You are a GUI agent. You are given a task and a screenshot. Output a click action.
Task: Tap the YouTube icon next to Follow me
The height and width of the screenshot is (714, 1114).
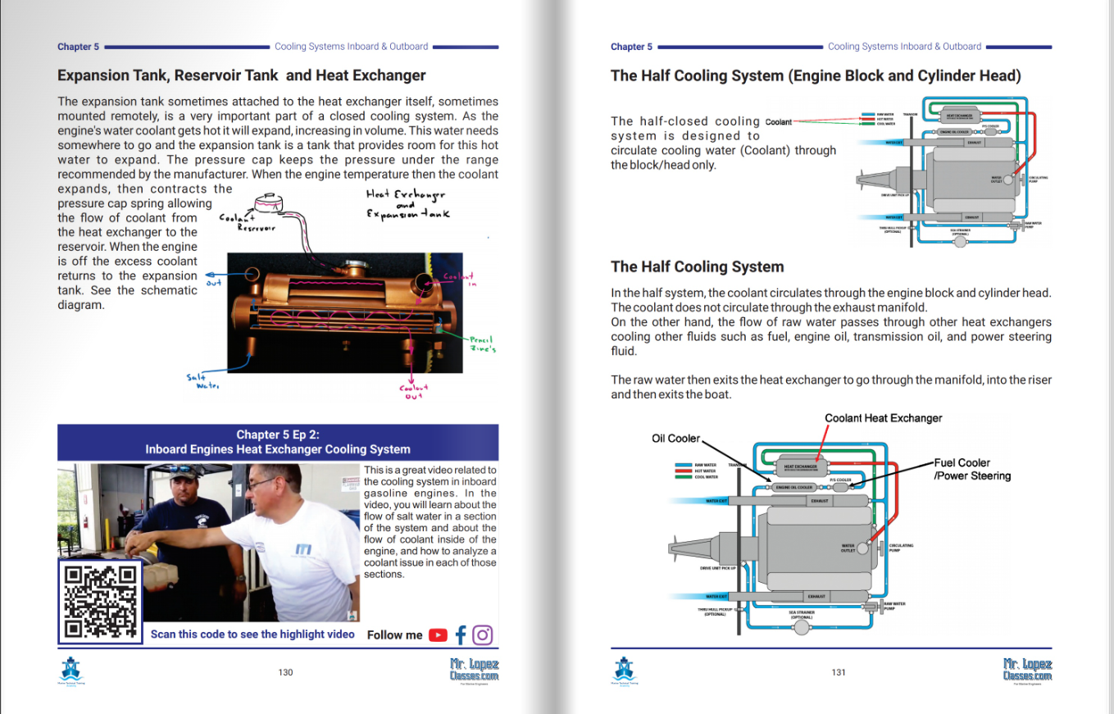(x=439, y=634)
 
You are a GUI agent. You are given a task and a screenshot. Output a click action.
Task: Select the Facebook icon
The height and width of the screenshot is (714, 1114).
(x=461, y=634)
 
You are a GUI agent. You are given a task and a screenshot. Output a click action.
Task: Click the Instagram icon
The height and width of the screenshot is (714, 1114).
(x=483, y=634)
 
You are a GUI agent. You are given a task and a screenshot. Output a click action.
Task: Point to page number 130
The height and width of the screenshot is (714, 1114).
(x=285, y=672)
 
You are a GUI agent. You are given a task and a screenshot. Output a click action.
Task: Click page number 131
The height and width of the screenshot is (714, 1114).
(x=839, y=672)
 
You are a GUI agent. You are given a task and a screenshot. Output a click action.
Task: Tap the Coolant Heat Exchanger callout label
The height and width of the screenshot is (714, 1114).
(x=883, y=418)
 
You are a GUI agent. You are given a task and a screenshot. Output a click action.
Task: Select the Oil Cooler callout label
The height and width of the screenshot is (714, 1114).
(x=676, y=439)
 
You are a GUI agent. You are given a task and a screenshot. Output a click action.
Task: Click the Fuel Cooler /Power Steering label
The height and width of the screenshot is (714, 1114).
(x=972, y=469)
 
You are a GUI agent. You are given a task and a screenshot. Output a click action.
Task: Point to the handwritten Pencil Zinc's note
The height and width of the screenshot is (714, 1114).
(x=481, y=344)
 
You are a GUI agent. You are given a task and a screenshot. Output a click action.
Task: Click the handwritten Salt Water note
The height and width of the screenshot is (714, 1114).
(x=202, y=381)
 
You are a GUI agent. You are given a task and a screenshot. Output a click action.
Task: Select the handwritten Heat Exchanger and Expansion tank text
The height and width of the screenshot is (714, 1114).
(x=407, y=204)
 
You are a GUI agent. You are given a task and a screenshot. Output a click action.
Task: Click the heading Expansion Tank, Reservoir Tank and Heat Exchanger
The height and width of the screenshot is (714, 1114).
(x=241, y=75)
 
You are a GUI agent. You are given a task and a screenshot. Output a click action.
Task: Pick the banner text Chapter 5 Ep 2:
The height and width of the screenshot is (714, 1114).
(x=277, y=434)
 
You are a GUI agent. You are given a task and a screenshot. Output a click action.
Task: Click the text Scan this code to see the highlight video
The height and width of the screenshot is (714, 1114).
(x=252, y=634)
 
